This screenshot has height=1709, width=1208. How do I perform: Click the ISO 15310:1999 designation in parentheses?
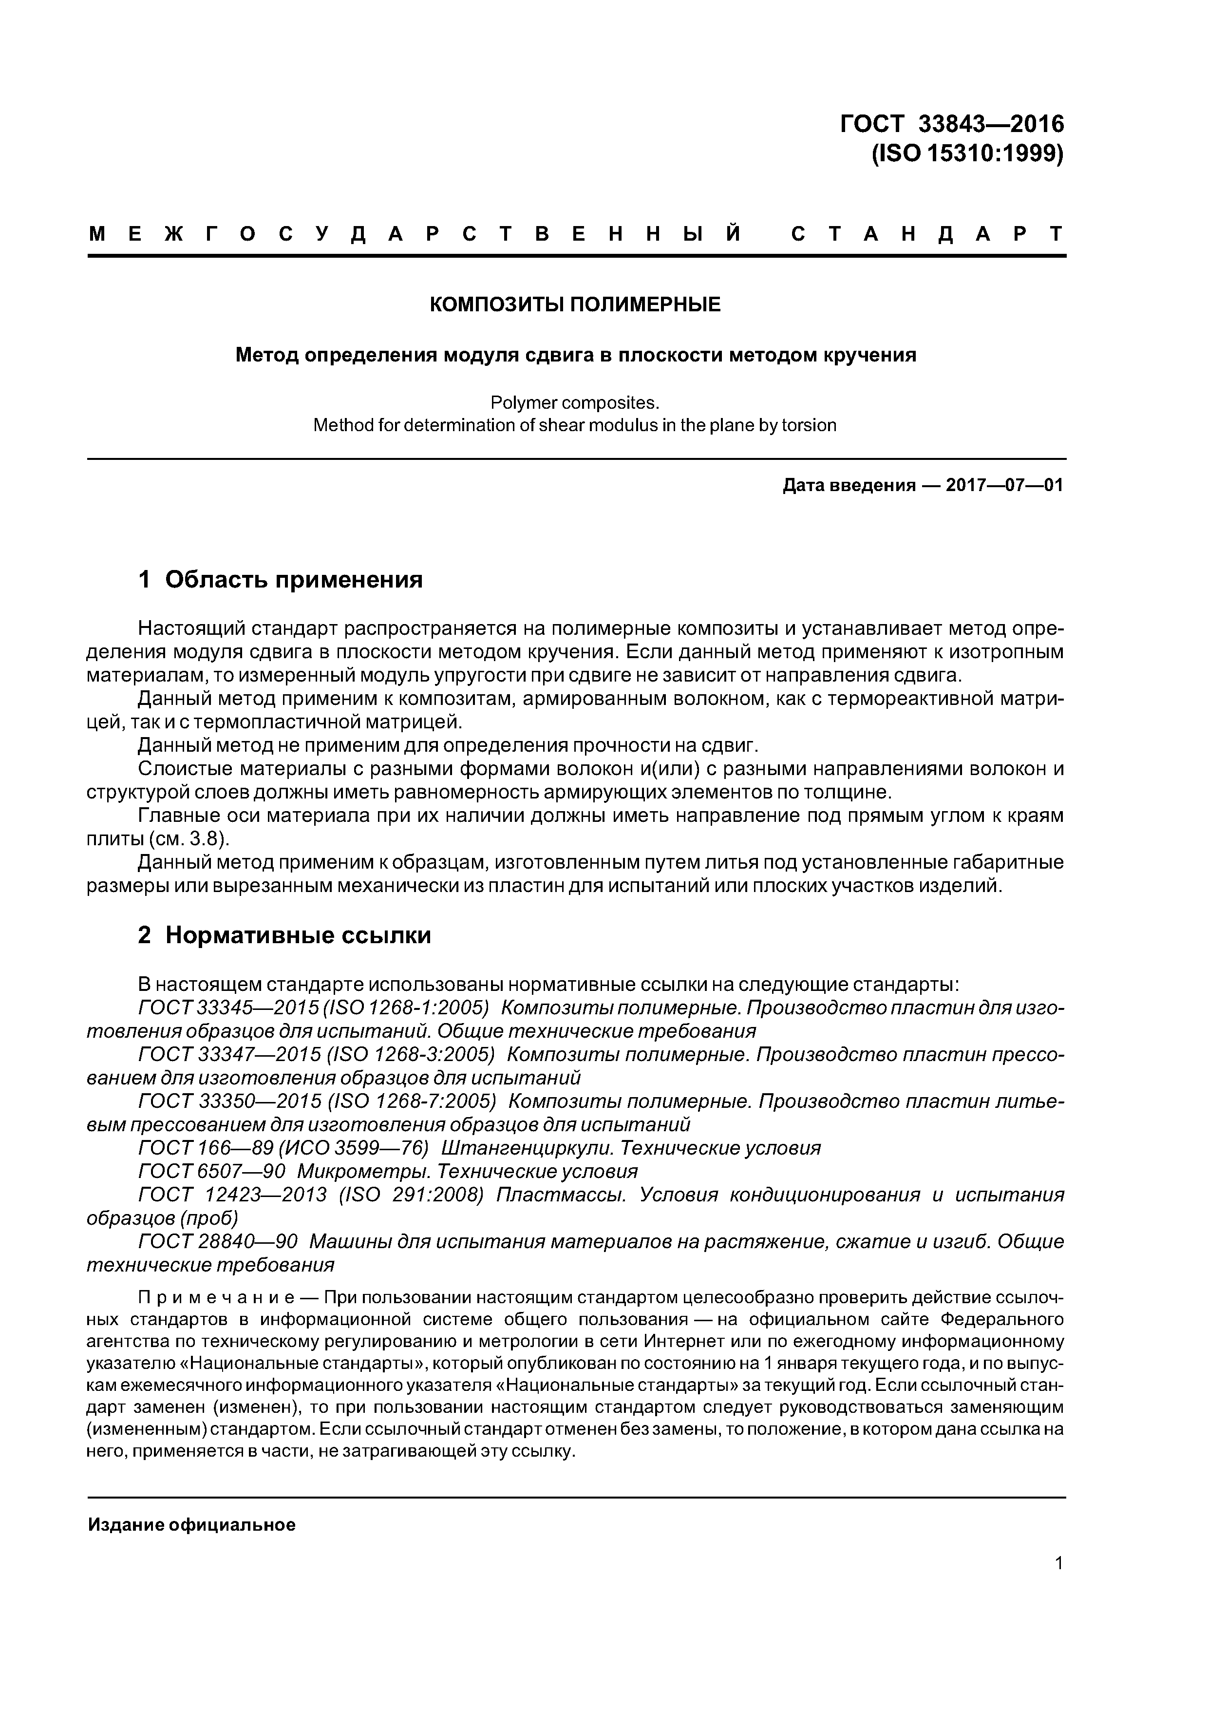[x=967, y=153]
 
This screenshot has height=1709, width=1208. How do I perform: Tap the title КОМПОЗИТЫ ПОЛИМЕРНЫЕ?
[x=575, y=304]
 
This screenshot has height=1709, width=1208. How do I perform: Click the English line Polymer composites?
[x=575, y=403]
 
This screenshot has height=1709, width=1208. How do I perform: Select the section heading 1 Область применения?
[x=280, y=579]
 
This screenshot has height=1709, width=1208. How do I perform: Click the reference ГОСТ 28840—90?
[x=218, y=1241]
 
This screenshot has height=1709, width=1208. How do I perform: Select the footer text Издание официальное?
[x=191, y=1525]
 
